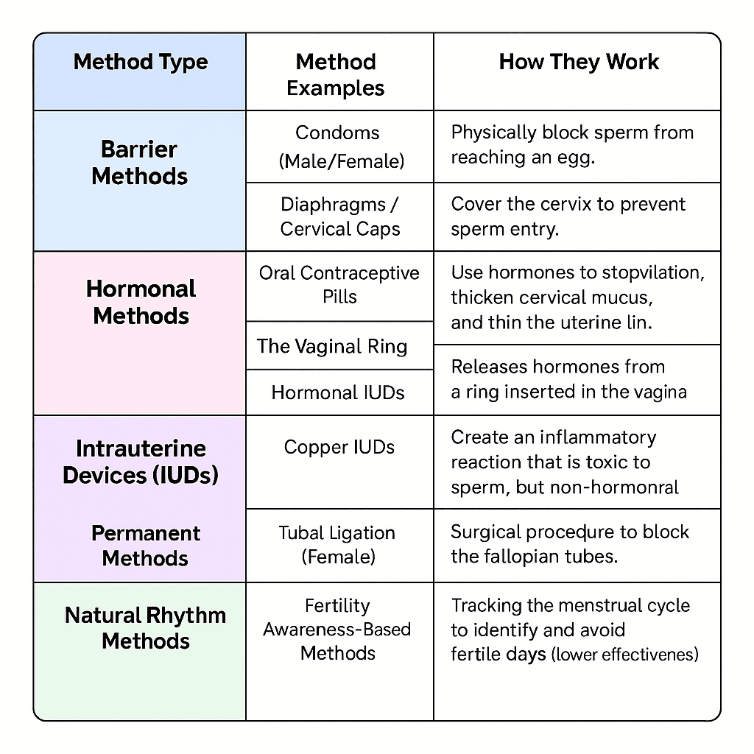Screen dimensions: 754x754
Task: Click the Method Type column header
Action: pyautogui.click(x=140, y=62)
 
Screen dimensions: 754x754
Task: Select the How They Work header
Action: pyautogui.click(x=579, y=62)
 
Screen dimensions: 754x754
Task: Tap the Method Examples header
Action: pyautogui.click(x=336, y=75)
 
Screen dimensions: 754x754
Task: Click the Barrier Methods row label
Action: pyautogui.click(x=140, y=163)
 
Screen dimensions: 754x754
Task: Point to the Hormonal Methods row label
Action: pyautogui.click(x=141, y=302)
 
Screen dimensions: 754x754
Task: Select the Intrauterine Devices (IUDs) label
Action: pyautogui.click(x=141, y=462)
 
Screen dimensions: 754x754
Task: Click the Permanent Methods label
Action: pyautogui.click(x=146, y=546)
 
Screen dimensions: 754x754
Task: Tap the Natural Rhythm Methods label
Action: pyautogui.click(x=146, y=628)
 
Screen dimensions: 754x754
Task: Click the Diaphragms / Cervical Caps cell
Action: pyautogui.click(x=339, y=216)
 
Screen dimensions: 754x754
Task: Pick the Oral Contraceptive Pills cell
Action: pyautogui.click(x=339, y=285)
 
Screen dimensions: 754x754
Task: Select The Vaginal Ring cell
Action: pyautogui.click(x=332, y=347)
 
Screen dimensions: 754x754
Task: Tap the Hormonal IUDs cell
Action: pyautogui.click(x=338, y=393)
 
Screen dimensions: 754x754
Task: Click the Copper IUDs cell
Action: pyautogui.click(x=339, y=447)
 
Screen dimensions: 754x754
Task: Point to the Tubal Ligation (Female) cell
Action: pyautogui.click(x=337, y=544)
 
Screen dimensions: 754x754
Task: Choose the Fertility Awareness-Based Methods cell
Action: pyautogui.click(x=338, y=630)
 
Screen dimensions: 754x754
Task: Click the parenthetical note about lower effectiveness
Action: pyautogui.click(x=624, y=654)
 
